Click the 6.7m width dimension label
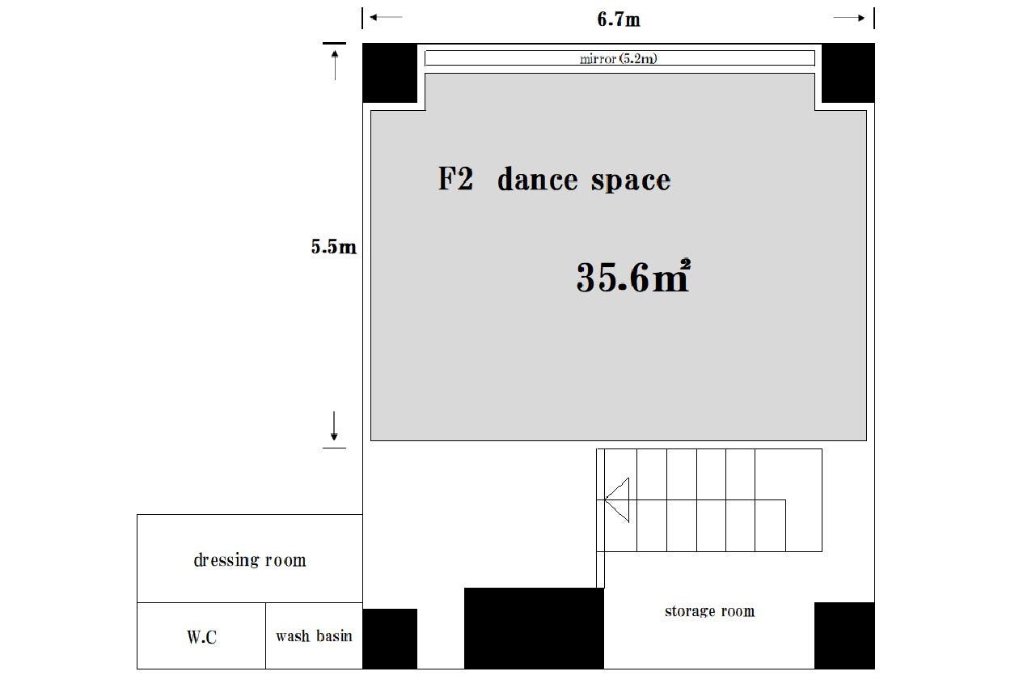click(618, 19)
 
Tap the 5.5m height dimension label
click(333, 246)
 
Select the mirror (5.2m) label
click(618, 58)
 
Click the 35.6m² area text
click(633, 276)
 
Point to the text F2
click(455, 178)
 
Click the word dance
click(537, 179)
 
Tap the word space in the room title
click(631, 181)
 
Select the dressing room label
click(250, 559)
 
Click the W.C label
click(201, 637)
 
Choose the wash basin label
click(314, 635)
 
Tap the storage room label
click(710, 610)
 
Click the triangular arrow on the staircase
click(617, 499)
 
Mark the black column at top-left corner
click(390, 73)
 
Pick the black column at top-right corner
click(848, 73)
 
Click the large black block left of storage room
click(534, 628)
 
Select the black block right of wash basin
click(390, 639)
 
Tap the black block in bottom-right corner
click(844, 635)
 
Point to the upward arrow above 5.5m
click(335, 65)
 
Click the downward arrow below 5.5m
click(334, 426)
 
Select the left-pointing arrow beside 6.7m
click(386, 17)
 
